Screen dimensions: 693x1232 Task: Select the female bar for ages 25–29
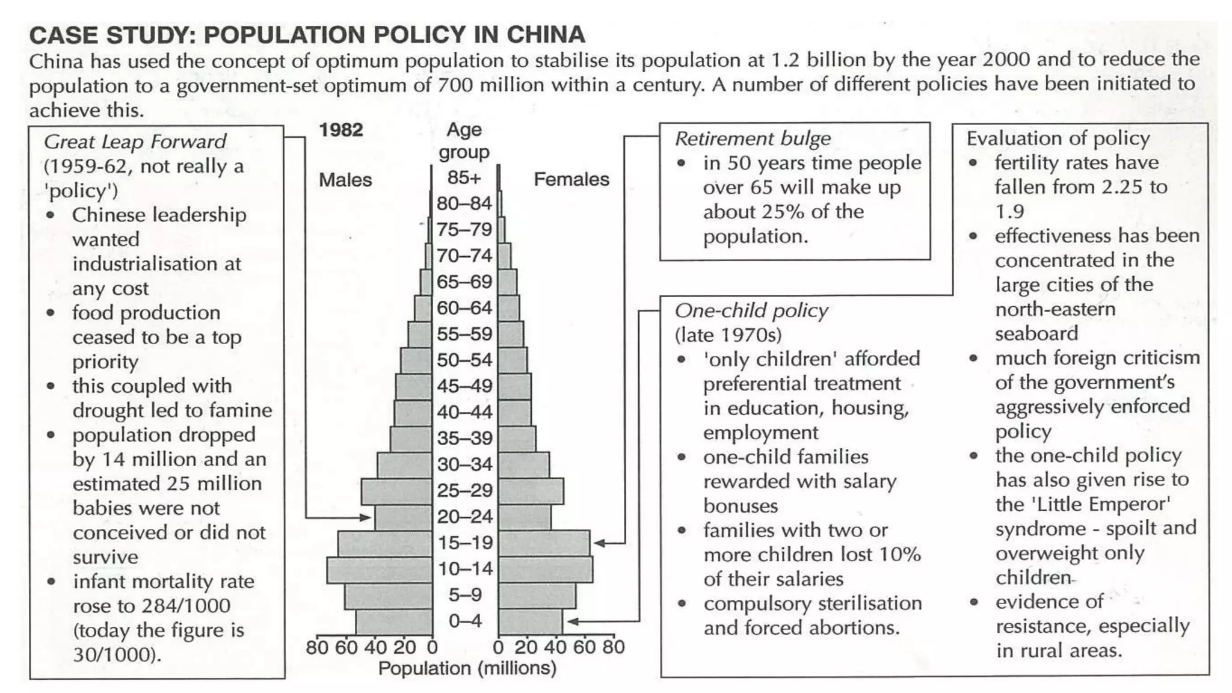[x=531, y=491]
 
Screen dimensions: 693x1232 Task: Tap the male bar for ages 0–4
[x=394, y=621]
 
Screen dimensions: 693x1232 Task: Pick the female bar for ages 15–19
[x=544, y=543]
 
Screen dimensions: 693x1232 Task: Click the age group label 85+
[x=464, y=177]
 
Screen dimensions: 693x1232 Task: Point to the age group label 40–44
[x=464, y=412]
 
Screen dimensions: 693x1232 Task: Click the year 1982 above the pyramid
[x=340, y=130]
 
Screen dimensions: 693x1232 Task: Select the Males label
[x=345, y=179]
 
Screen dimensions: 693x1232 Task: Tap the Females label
[x=571, y=179]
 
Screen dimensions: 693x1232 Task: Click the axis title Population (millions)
[x=467, y=668]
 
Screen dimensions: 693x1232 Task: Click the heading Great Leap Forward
[x=135, y=141]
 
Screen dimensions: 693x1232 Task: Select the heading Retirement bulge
[x=753, y=138]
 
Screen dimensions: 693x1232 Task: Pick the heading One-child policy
[x=751, y=310]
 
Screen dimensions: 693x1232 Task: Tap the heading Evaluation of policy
[x=1058, y=138]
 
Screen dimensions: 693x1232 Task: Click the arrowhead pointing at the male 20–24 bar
[x=365, y=517]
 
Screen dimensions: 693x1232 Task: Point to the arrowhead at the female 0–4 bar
[x=572, y=621]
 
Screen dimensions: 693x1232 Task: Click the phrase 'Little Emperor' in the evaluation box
[x=1101, y=504]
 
